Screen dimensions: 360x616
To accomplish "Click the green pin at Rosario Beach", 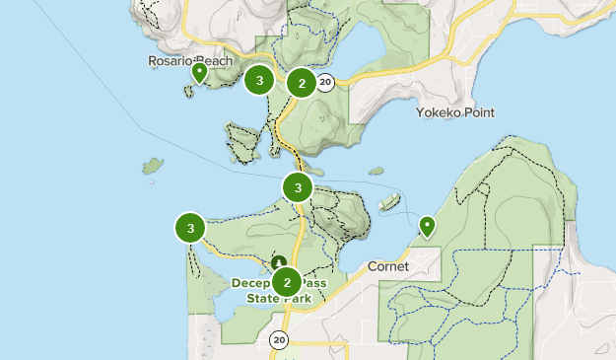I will click(x=199, y=73).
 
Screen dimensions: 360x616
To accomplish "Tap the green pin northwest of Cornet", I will click(x=427, y=227).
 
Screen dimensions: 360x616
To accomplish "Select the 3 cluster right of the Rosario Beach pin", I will click(x=259, y=81).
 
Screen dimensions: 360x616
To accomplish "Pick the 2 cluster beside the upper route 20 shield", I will click(x=302, y=83).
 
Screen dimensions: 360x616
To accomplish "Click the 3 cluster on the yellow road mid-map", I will click(x=298, y=186).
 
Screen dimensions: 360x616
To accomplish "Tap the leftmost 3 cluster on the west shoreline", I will click(x=189, y=229).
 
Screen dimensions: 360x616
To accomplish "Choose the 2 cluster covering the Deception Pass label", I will click(x=287, y=282).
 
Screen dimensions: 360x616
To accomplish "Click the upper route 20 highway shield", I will click(x=325, y=83).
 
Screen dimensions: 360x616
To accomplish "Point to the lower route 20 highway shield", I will click(x=279, y=340).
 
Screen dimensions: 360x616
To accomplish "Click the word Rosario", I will click(x=168, y=61).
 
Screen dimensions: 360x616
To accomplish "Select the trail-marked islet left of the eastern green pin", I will click(x=389, y=202).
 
